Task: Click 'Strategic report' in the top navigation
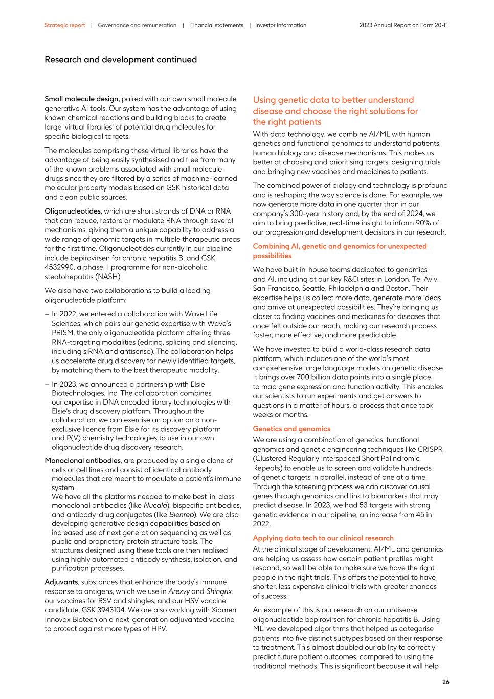[x=64, y=25]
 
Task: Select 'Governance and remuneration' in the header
[x=137, y=25]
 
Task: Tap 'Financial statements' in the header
[x=216, y=25]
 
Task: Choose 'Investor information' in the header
[x=280, y=25]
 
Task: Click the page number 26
[x=445, y=682]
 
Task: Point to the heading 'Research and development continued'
[x=120, y=60]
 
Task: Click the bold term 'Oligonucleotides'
[x=72, y=211]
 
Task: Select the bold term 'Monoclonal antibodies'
[x=82, y=460]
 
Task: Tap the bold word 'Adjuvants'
[x=61, y=582]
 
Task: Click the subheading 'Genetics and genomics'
[x=291, y=429]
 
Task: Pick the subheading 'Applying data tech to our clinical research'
[x=323, y=538]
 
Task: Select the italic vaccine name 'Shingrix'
[x=219, y=591]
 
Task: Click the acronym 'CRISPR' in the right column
[x=430, y=449]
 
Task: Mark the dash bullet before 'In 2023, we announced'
[x=47, y=384]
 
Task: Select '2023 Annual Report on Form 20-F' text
[x=402, y=25]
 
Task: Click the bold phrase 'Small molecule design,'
[x=82, y=99]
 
